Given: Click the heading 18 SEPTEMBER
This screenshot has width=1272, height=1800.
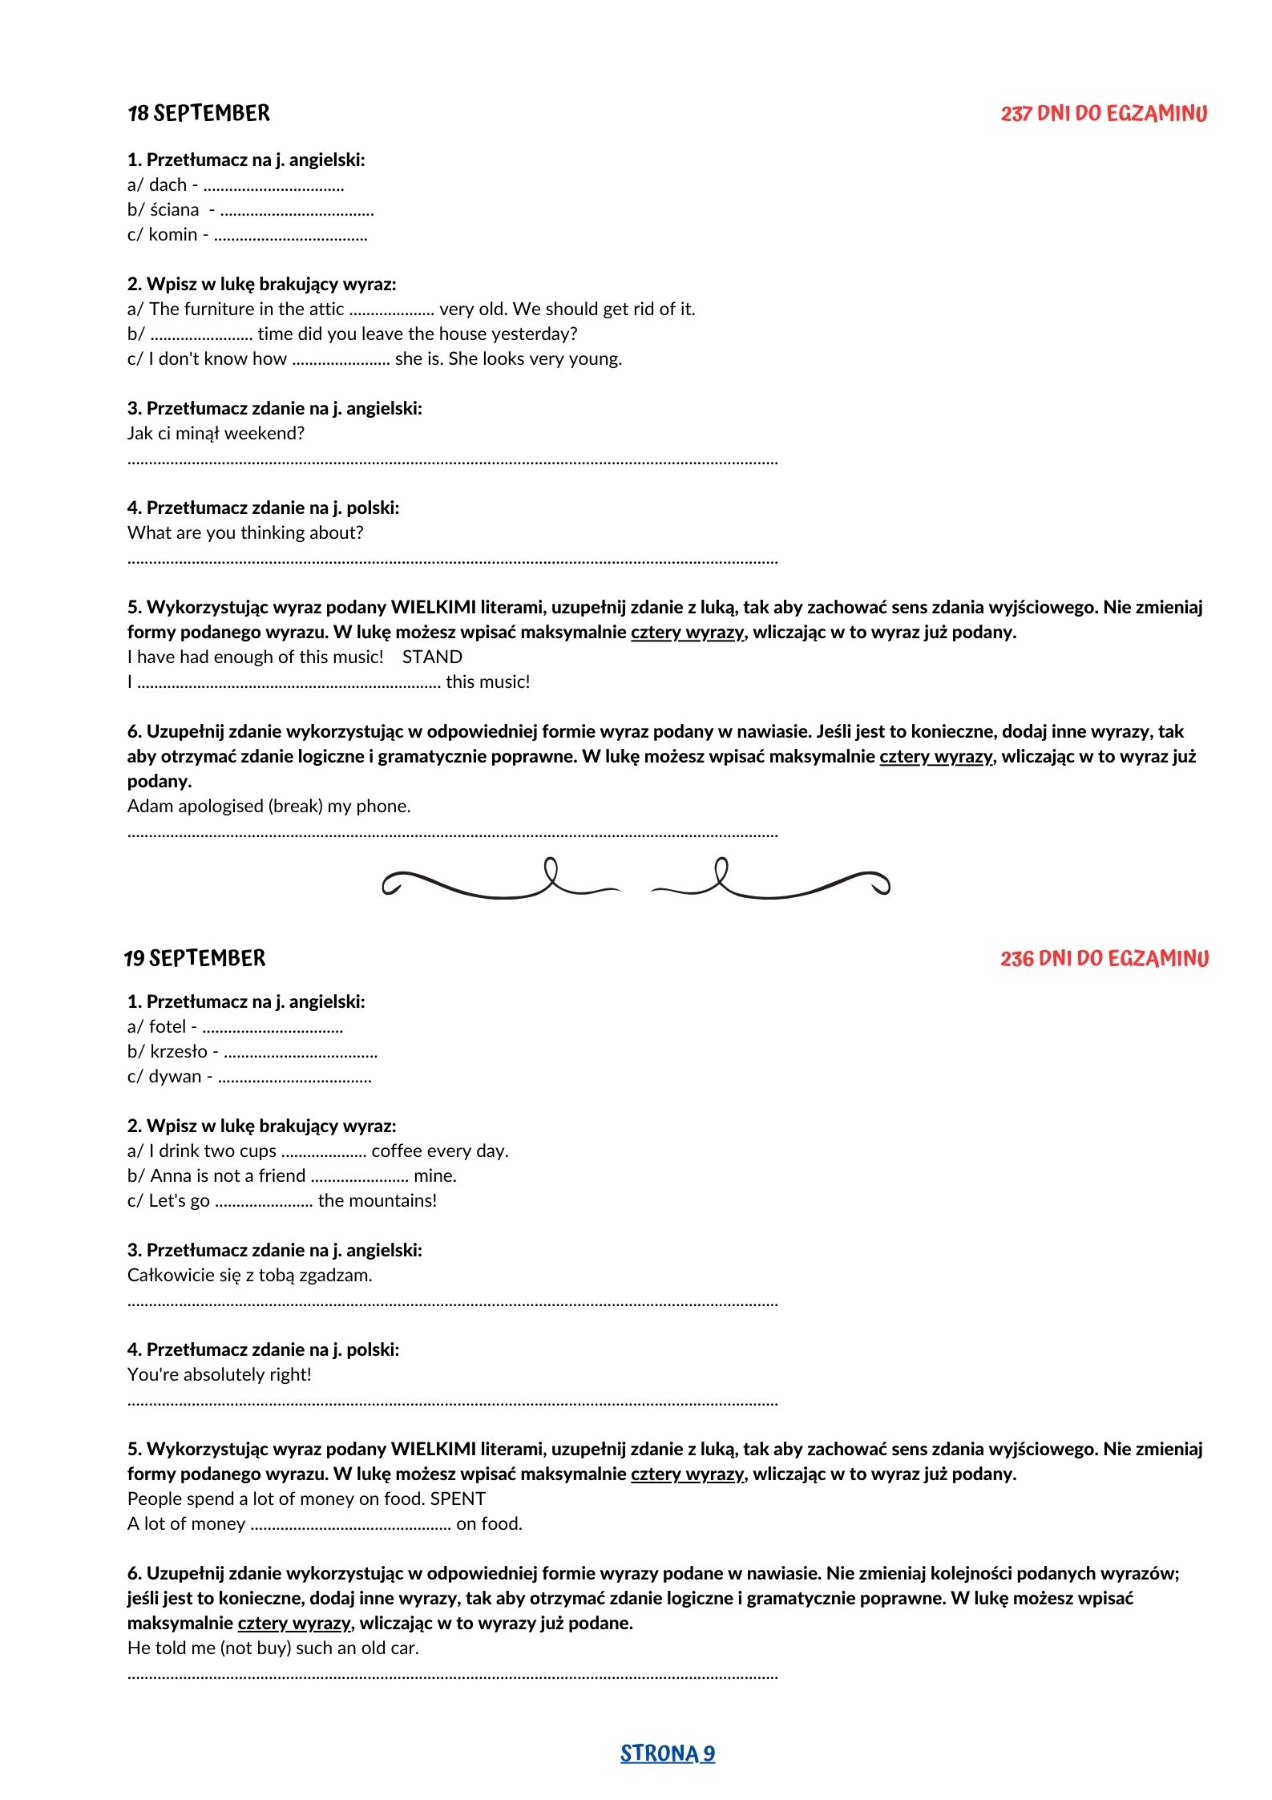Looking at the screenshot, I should coord(199,114).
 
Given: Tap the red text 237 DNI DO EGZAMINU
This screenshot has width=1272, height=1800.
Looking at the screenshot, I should coord(1103,114).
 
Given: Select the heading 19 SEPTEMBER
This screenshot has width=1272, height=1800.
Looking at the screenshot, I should coord(195,958).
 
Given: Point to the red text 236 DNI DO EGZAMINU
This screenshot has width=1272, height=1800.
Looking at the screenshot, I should coord(1104,958).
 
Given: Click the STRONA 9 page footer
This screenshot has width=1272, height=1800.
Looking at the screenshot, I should coord(667,1753).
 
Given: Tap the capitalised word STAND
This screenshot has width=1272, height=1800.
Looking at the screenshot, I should coord(432,657).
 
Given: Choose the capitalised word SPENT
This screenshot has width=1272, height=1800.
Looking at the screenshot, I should coord(458,1499).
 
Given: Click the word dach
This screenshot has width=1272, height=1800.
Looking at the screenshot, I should coord(168,185).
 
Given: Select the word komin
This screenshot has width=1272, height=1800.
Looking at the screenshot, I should coord(173,235).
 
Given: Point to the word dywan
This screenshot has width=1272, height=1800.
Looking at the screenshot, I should coord(176,1077).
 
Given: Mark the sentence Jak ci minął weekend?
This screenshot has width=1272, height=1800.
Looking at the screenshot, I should coord(216,434).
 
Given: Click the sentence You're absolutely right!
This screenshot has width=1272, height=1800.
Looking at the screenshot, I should coord(219,1374).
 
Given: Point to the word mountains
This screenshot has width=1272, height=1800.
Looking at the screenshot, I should coord(393,1201).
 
